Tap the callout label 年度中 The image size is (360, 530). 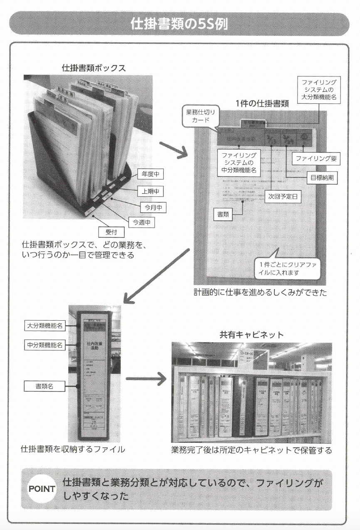click(150, 175)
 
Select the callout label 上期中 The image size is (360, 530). click(150, 191)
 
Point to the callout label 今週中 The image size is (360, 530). click(141, 222)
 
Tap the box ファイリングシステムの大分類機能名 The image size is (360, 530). click(319, 90)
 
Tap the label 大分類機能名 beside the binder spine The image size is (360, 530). click(45, 326)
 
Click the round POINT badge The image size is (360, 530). click(42, 489)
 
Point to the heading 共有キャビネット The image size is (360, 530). click(252, 335)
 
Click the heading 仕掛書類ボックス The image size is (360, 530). click(94, 68)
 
